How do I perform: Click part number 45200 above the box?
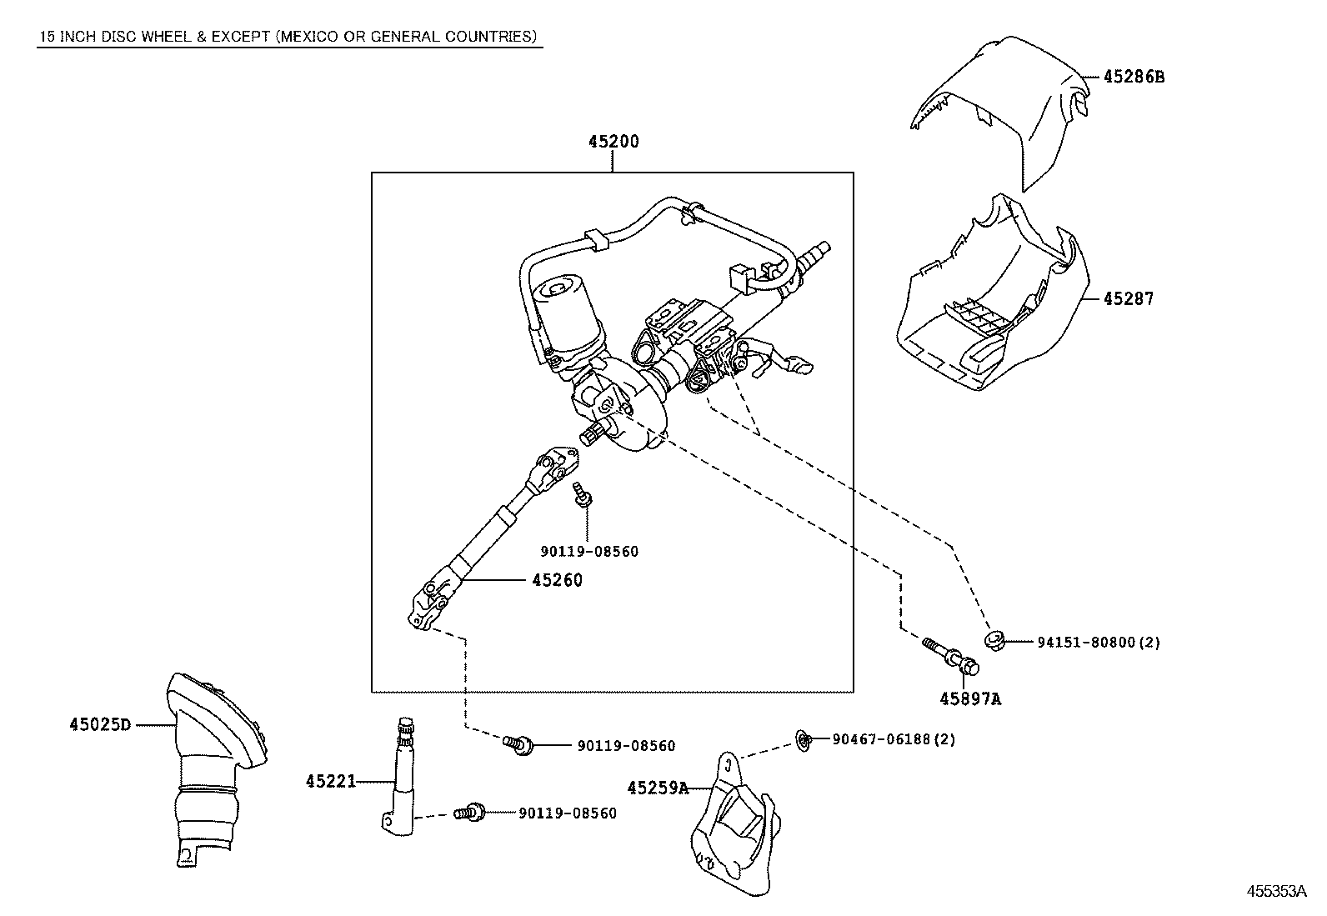(x=613, y=142)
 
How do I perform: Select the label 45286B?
(x=1133, y=77)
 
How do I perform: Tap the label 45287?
(x=1129, y=298)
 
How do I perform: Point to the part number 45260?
(x=557, y=580)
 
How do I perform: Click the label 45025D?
(x=100, y=724)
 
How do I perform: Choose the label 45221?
(x=330, y=781)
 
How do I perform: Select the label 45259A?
(x=658, y=788)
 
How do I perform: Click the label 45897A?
(x=970, y=699)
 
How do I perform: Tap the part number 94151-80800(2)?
(x=1099, y=642)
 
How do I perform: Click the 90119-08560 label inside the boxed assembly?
(x=589, y=552)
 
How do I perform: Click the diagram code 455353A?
(x=1275, y=891)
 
